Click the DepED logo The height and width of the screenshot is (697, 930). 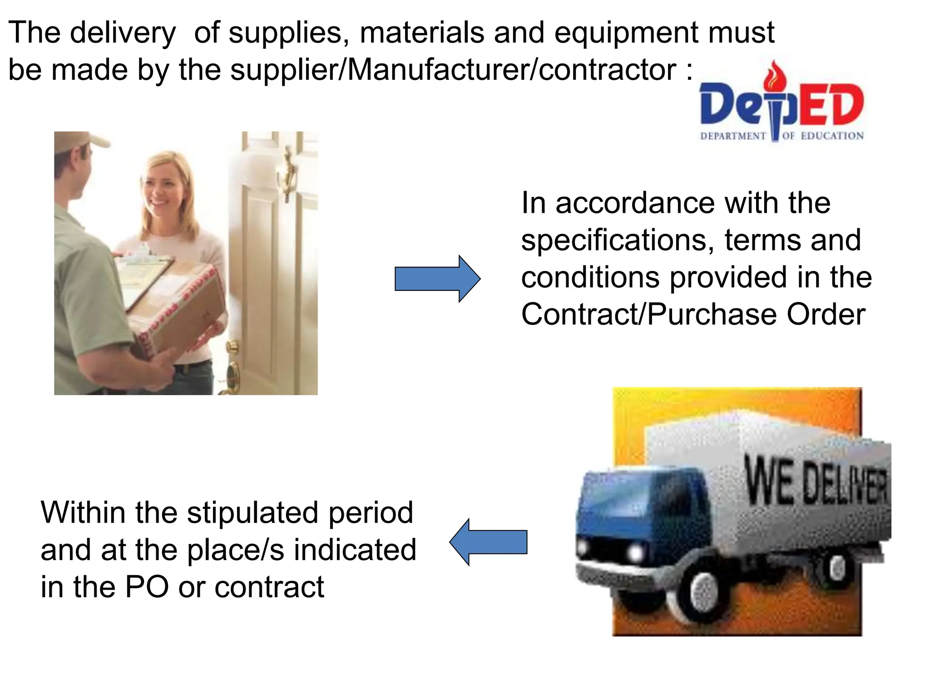[x=782, y=104]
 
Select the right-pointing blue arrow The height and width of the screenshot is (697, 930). [x=437, y=279]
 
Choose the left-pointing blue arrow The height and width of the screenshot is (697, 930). [x=489, y=542]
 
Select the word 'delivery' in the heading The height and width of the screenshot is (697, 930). [x=123, y=34]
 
